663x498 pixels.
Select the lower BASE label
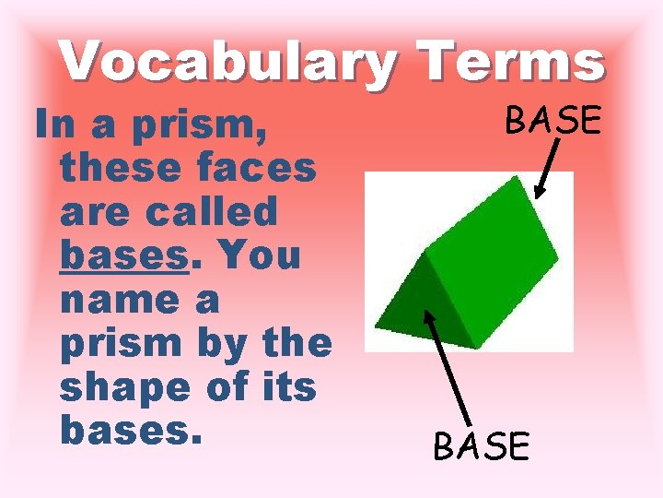pyautogui.click(x=482, y=447)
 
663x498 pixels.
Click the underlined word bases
pyautogui.click(x=122, y=255)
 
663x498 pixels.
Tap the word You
pyautogui.click(x=261, y=255)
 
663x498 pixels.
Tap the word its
pyautogui.click(x=287, y=387)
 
